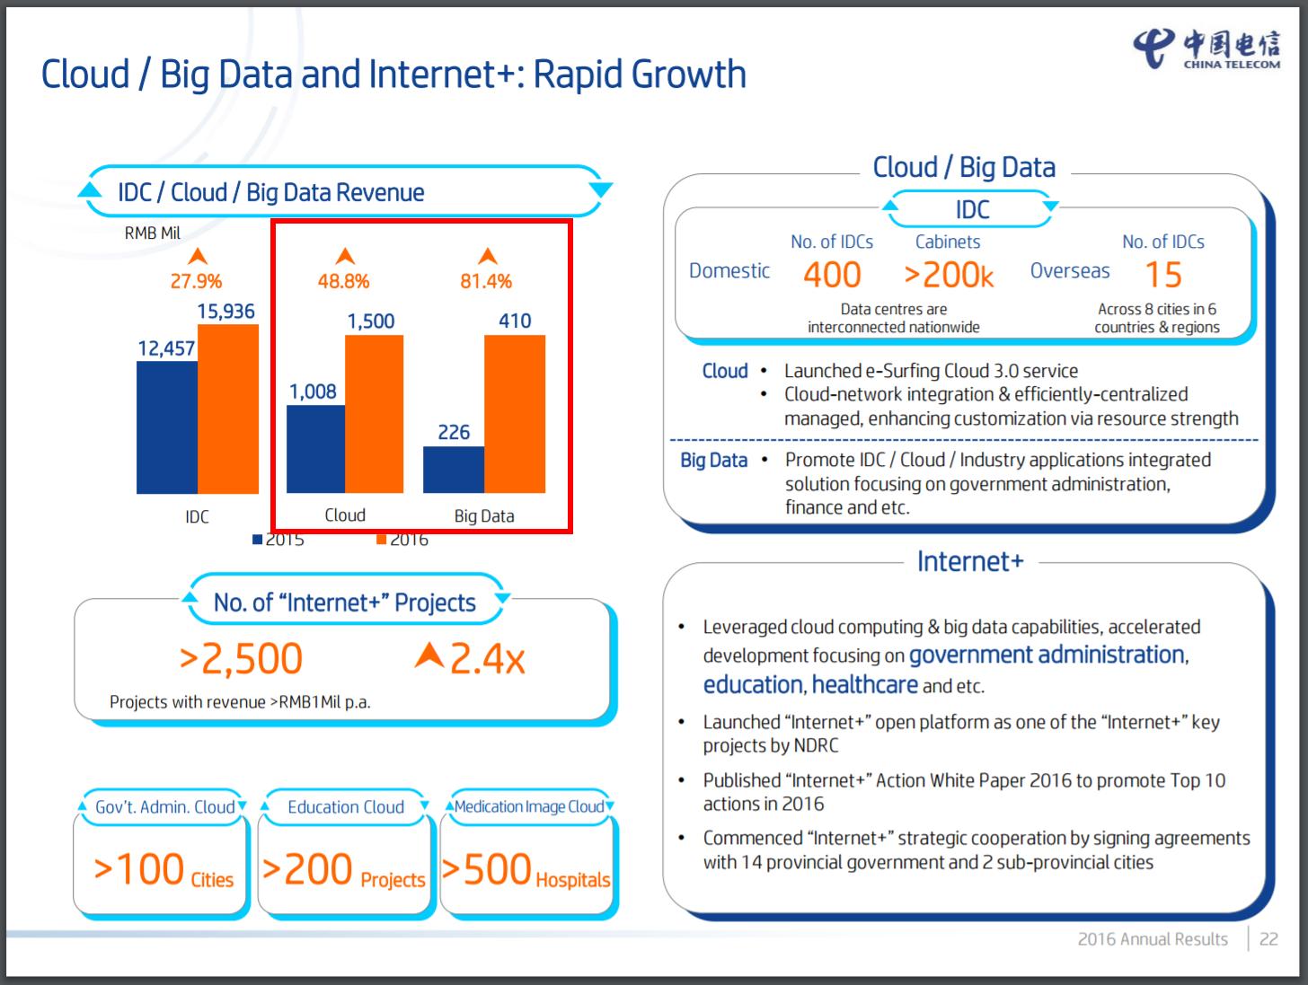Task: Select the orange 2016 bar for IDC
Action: pos(228,409)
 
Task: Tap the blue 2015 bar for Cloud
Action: pos(315,449)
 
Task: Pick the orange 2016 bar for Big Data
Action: pos(515,414)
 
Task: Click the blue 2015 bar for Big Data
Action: pos(454,470)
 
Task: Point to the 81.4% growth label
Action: pos(486,282)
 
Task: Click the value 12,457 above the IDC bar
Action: pos(166,348)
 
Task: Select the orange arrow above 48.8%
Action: pos(344,257)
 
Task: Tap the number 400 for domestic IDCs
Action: pos(832,275)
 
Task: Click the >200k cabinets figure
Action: pos(949,275)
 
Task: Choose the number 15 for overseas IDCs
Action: pos(1163,275)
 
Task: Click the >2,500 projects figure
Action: pos(241,659)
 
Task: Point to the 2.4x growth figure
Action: pos(471,659)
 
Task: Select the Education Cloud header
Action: pos(346,807)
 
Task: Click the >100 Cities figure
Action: pos(163,870)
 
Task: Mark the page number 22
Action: pos(1268,939)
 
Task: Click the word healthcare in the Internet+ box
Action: pos(864,685)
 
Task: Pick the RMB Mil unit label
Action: pos(153,233)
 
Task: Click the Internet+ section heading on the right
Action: pos(969,562)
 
